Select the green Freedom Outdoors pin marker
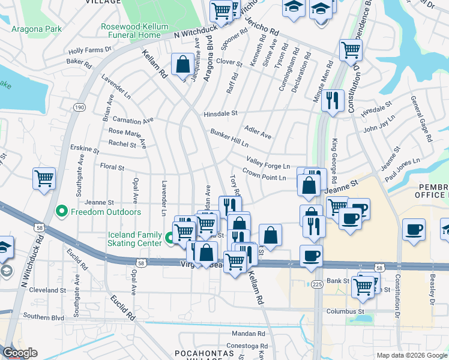(x=61, y=212)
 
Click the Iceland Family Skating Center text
(x=127, y=238)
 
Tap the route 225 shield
(x=317, y=284)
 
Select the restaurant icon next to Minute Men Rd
(x=332, y=100)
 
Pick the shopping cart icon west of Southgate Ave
(x=44, y=179)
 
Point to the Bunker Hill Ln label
(x=229, y=138)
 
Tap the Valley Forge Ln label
(x=268, y=162)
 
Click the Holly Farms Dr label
(x=87, y=51)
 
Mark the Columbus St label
(x=345, y=311)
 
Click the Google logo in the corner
(x=20, y=353)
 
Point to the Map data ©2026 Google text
(x=412, y=355)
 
